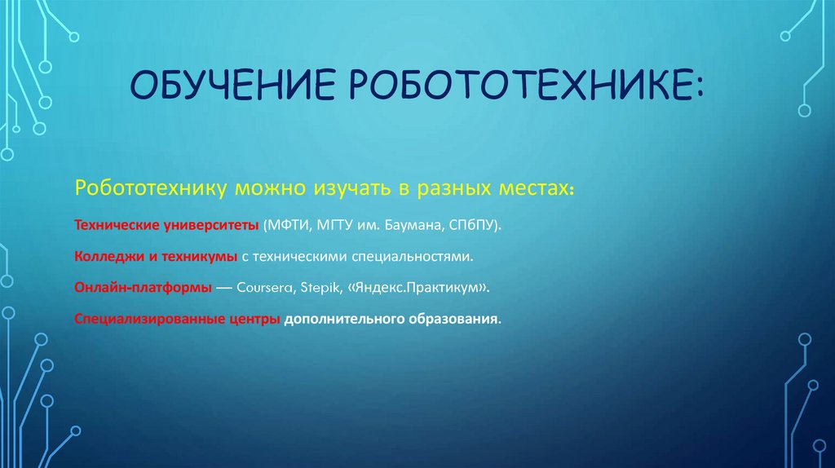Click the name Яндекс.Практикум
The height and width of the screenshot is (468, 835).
[418, 288]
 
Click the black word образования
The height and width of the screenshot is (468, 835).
[449, 319]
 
